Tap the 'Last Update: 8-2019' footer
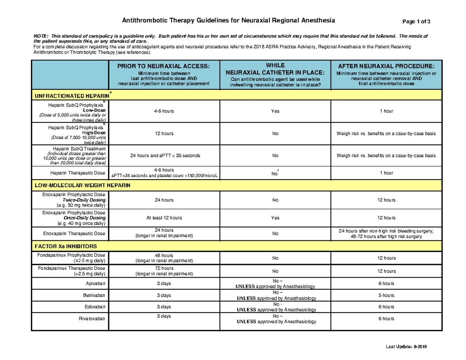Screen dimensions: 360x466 pos(406,347)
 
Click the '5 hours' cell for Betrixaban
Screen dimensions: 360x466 pos(386,295)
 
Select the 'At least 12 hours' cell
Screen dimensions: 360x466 pos(164,218)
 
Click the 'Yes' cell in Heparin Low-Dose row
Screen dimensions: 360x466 pos(275,111)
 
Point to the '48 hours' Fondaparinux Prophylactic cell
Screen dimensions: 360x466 pos(164,256)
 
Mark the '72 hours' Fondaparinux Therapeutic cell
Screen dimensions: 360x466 pos(164,268)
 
